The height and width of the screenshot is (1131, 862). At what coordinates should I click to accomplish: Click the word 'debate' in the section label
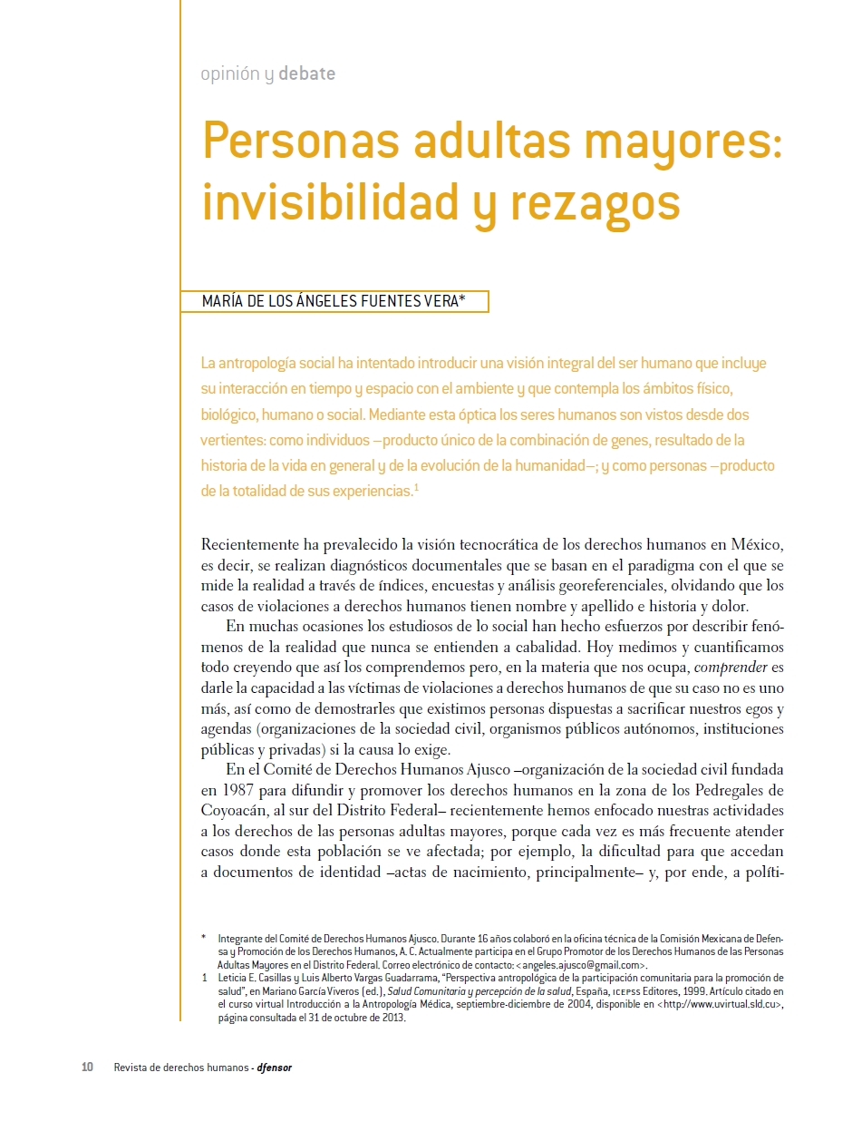306,74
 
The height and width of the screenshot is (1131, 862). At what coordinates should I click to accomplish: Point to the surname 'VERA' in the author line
438,302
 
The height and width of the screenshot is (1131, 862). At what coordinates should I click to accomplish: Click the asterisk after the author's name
462,299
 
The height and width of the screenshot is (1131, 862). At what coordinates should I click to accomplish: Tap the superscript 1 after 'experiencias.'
416,488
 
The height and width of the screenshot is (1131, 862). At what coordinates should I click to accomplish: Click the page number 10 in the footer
88,1068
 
